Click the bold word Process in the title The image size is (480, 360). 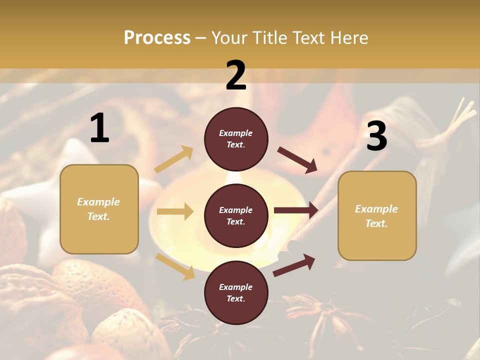click(157, 37)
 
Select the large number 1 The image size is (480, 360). click(99, 128)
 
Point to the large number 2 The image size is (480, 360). click(236, 75)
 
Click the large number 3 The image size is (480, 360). click(376, 136)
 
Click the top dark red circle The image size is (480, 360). click(236, 139)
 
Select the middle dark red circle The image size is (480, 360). click(236, 215)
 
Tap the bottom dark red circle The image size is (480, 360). click(236, 292)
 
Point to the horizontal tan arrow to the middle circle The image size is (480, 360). click(175, 211)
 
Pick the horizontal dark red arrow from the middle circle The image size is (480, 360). click(296, 210)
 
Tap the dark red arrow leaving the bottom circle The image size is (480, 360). click(294, 265)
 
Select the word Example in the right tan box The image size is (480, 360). click(376, 209)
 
